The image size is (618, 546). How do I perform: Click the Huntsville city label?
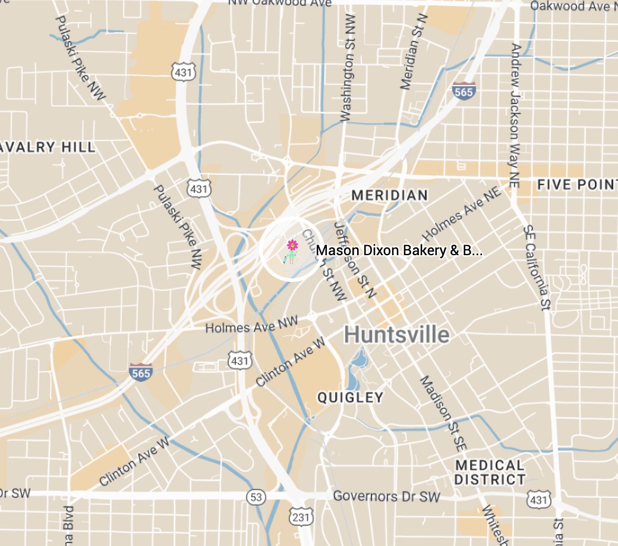tap(396, 335)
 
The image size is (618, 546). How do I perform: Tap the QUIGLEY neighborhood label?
tap(350, 397)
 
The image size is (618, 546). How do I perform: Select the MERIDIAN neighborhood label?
tap(389, 195)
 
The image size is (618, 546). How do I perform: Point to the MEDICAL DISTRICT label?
tap(490, 472)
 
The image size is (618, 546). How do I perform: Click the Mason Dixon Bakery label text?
tap(399, 250)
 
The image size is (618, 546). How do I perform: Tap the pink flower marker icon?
tap(292, 245)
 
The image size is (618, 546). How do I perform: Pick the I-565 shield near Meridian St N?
tap(463, 91)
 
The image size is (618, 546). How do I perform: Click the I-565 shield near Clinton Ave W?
tap(140, 372)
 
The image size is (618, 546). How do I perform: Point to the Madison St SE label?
tap(443, 412)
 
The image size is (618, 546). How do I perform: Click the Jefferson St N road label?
tap(355, 260)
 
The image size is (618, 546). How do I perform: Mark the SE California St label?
tap(536, 268)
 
